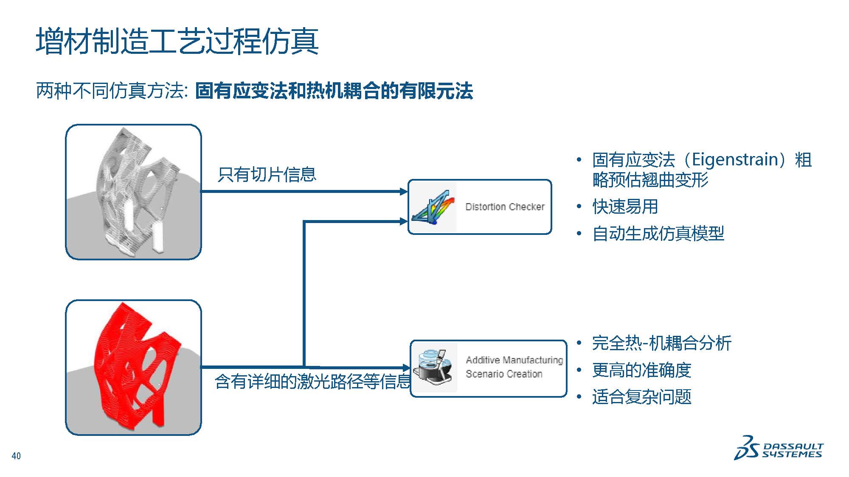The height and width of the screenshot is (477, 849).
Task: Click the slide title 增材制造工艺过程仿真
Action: click(x=177, y=41)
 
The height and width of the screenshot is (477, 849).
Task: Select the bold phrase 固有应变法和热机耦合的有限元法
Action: click(x=334, y=91)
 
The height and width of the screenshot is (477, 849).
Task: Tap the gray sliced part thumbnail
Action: click(x=133, y=192)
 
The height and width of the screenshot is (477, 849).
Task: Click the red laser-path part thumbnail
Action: click(x=133, y=367)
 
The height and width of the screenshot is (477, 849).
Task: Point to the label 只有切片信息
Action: click(x=267, y=175)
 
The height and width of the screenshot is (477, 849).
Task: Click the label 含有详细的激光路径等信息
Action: click(x=312, y=382)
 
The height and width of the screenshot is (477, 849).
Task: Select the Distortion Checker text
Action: click(x=505, y=207)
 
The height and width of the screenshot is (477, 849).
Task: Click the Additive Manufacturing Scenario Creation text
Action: click(x=514, y=367)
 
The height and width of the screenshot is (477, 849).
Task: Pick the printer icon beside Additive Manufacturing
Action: click(x=434, y=367)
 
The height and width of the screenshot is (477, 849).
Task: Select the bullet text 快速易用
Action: click(x=625, y=207)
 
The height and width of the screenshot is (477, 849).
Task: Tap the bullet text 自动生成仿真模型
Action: click(x=658, y=234)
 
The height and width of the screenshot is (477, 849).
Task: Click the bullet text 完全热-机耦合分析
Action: click(x=661, y=343)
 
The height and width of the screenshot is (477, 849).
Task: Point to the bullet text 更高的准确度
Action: click(x=641, y=370)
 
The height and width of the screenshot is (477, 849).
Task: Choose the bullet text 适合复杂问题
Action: click(x=641, y=397)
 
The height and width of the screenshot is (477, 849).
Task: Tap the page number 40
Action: click(x=16, y=456)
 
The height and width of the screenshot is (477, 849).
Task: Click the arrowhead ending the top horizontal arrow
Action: click(x=404, y=192)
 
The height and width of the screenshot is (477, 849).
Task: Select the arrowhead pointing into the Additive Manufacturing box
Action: click(x=406, y=367)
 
